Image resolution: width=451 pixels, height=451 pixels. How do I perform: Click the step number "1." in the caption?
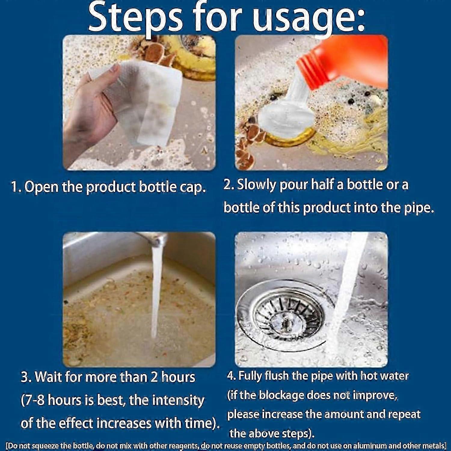pyautogui.click(x=16, y=187)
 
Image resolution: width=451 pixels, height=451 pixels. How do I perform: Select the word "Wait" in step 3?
pyautogui.click(x=49, y=377)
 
